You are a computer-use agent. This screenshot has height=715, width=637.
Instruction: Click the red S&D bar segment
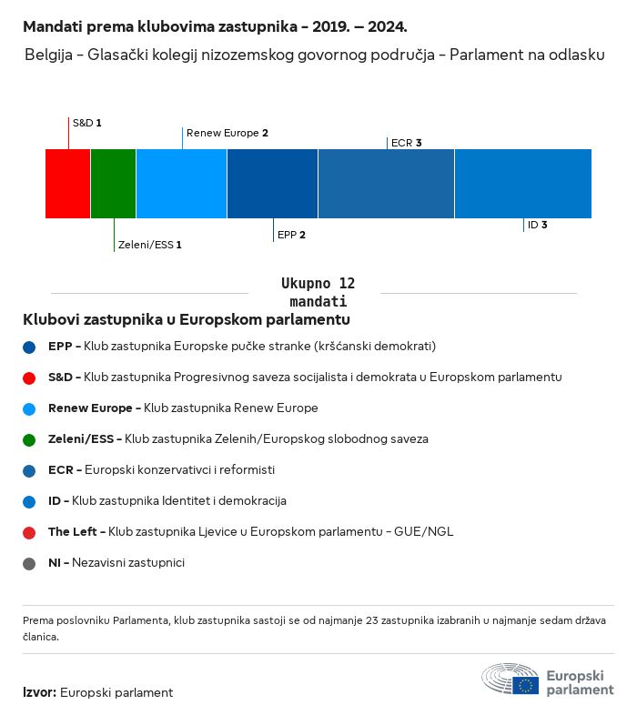(68, 184)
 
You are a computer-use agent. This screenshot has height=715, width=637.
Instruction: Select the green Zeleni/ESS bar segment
(114, 184)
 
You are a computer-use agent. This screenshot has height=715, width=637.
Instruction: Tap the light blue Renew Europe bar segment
(181, 184)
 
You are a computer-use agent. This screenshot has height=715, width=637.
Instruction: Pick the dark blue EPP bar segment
(272, 184)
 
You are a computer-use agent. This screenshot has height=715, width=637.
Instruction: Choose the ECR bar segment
(386, 184)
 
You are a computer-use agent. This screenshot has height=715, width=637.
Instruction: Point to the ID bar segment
(522, 184)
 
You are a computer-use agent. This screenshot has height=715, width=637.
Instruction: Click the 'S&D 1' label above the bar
(87, 122)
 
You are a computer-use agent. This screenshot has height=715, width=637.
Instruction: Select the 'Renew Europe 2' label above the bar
(227, 133)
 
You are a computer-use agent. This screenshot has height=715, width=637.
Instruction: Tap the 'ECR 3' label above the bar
(406, 143)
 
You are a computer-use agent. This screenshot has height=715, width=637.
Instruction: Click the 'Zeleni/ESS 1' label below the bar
(150, 245)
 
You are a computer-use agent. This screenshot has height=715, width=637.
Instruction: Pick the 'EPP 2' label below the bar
(291, 235)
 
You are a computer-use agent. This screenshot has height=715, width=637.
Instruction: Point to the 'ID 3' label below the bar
(537, 225)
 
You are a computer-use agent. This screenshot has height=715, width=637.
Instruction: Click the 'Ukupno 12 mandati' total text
(318, 292)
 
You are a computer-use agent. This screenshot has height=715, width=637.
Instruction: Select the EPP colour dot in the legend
(30, 347)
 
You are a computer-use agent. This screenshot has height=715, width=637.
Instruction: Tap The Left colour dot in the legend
(30, 532)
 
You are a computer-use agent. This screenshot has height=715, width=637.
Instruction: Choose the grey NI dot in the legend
(30, 563)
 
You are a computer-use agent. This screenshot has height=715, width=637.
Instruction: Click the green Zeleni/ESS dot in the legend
(30, 439)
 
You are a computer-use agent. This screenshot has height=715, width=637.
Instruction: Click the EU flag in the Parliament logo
(525, 685)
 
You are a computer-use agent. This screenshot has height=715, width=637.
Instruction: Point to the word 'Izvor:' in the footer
(39, 692)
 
